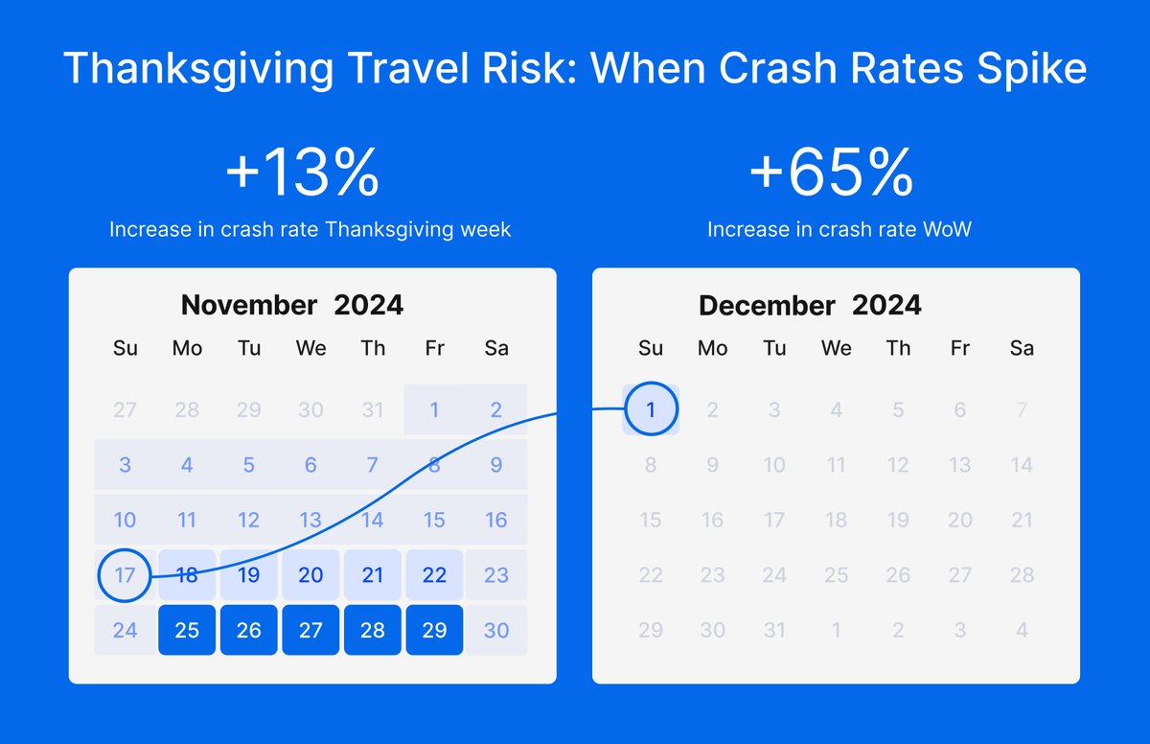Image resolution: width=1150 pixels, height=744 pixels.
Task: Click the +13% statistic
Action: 303,174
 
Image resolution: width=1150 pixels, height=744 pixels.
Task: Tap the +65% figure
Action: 831,174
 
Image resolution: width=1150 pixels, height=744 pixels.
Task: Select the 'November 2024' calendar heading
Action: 292,305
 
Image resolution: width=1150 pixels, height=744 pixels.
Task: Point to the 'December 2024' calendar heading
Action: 810,306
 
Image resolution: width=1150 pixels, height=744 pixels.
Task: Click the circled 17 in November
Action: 126,575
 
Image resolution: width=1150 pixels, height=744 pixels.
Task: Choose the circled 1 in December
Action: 651,410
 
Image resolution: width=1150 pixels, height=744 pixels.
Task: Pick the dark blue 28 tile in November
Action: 373,630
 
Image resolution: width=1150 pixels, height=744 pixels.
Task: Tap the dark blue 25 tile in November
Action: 187,630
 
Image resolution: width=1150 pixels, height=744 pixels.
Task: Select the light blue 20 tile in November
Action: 310,575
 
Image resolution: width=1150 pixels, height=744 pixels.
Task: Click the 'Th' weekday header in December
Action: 898,349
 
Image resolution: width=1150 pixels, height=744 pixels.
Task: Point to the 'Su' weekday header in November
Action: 126,348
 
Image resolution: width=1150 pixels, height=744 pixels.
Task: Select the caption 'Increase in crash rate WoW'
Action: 839,230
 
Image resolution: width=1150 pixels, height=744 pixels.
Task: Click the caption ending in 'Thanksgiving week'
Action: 310,230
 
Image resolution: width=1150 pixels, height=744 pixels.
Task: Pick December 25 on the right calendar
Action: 836,575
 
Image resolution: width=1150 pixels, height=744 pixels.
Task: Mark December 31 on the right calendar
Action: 774,630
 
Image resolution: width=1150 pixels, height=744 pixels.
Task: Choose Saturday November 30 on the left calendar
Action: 496,630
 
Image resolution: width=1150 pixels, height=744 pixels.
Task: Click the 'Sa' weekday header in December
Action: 1022,349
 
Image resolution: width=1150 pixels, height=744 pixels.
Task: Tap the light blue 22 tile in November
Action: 434,575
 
